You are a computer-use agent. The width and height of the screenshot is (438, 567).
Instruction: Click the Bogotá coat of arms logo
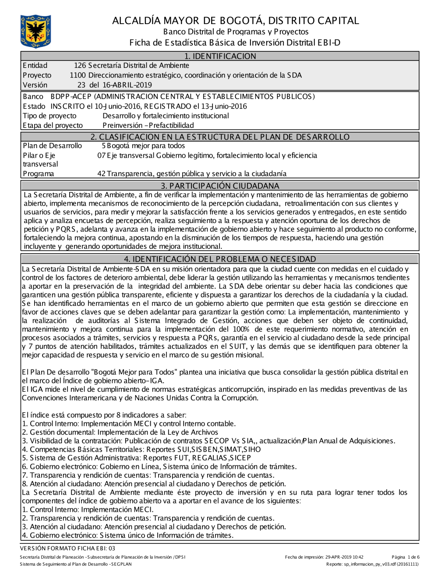(x=35, y=31)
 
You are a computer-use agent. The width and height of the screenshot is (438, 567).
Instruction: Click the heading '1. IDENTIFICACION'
(x=220, y=56)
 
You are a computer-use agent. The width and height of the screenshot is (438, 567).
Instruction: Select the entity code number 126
(x=80, y=66)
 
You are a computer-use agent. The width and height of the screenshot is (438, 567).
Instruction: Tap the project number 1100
(x=78, y=75)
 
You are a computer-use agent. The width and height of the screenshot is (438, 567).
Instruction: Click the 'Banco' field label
(x=33, y=96)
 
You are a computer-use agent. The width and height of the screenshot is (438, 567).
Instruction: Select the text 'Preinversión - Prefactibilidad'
(x=148, y=125)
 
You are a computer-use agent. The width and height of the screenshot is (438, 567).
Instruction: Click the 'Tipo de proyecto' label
(x=49, y=116)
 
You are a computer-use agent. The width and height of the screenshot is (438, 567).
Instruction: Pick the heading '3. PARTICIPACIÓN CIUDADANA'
(x=220, y=185)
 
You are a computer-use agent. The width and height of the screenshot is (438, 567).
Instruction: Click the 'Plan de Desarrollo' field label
(x=52, y=146)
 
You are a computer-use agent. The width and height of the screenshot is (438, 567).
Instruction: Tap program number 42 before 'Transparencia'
(x=101, y=174)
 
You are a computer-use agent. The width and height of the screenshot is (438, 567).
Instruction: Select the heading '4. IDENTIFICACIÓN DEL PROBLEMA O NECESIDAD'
(x=220, y=259)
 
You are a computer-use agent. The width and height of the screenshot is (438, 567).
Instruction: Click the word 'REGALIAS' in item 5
(x=201, y=458)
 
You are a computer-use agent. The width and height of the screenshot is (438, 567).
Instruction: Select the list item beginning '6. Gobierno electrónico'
(x=159, y=467)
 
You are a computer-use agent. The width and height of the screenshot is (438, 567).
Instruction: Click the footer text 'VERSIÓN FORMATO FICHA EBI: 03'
(x=67, y=548)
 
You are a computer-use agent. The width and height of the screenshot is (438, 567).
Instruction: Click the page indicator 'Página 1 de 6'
(x=406, y=557)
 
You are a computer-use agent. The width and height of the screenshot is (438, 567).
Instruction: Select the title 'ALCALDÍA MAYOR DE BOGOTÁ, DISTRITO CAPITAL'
(x=235, y=21)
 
